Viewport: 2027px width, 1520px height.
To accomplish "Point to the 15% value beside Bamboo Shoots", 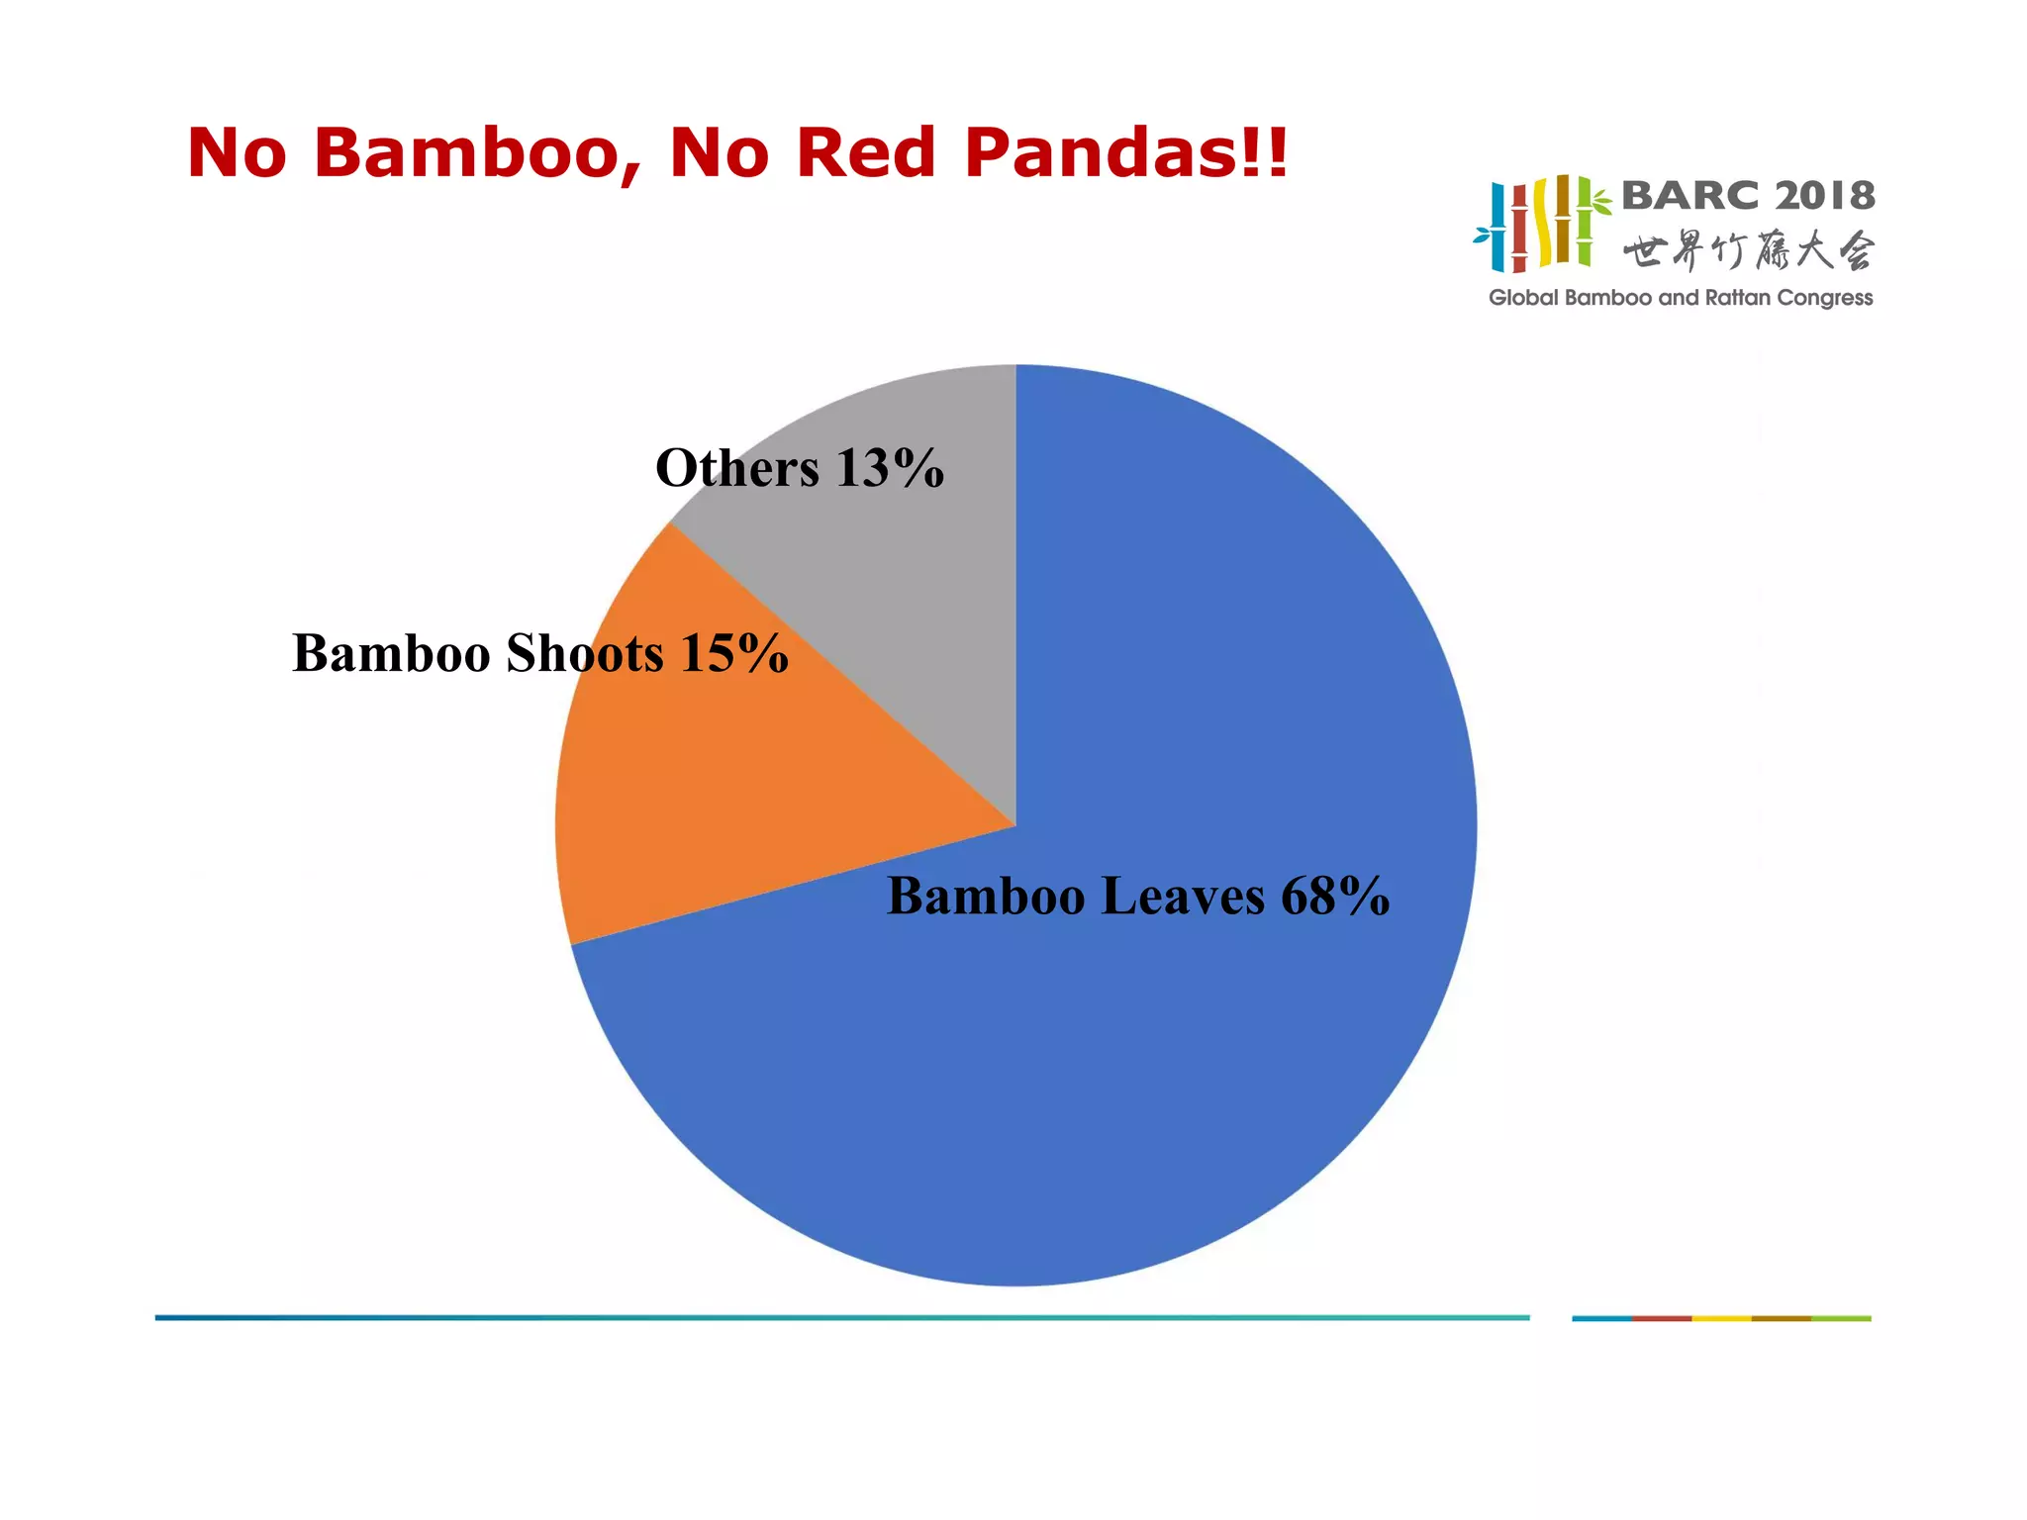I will click(x=734, y=654).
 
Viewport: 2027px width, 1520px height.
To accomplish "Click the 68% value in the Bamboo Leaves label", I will click(x=1335, y=897).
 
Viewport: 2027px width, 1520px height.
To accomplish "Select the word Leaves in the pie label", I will click(x=1183, y=897).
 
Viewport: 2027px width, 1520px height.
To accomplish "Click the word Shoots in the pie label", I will click(x=585, y=654).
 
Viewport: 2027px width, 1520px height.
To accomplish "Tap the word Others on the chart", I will click(x=737, y=468).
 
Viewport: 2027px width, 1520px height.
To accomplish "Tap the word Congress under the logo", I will click(x=1825, y=298).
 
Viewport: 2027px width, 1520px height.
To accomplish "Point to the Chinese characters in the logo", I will click(x=1748, y=251).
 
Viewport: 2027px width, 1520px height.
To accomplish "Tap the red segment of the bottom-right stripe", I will click(x=1662, y=1318).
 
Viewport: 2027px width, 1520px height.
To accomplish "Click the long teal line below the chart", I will click(x=841, y=1317).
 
